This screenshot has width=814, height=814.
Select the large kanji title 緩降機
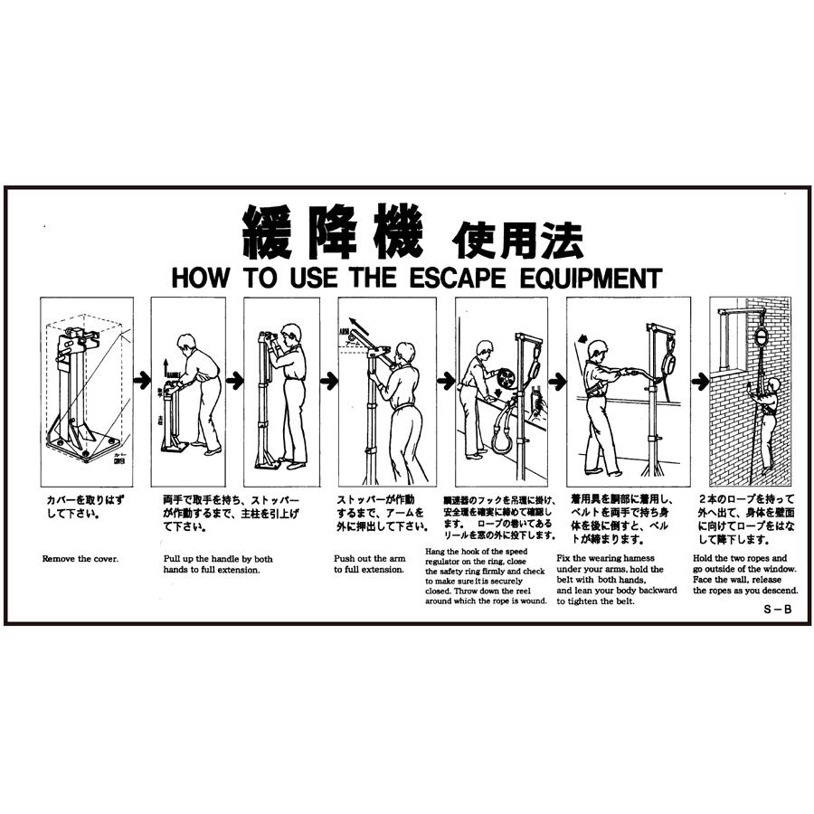332,232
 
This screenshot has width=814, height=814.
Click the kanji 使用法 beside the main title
516,239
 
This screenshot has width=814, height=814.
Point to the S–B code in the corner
777,610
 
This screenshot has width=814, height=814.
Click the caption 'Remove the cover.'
80,559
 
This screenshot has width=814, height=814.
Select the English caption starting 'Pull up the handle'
218,564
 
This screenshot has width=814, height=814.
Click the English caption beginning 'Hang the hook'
487,575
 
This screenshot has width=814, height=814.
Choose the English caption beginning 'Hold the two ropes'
744,574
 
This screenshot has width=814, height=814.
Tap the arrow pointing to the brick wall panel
700,382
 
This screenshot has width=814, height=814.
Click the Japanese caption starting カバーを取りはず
79,506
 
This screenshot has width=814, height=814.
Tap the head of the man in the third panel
290,333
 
